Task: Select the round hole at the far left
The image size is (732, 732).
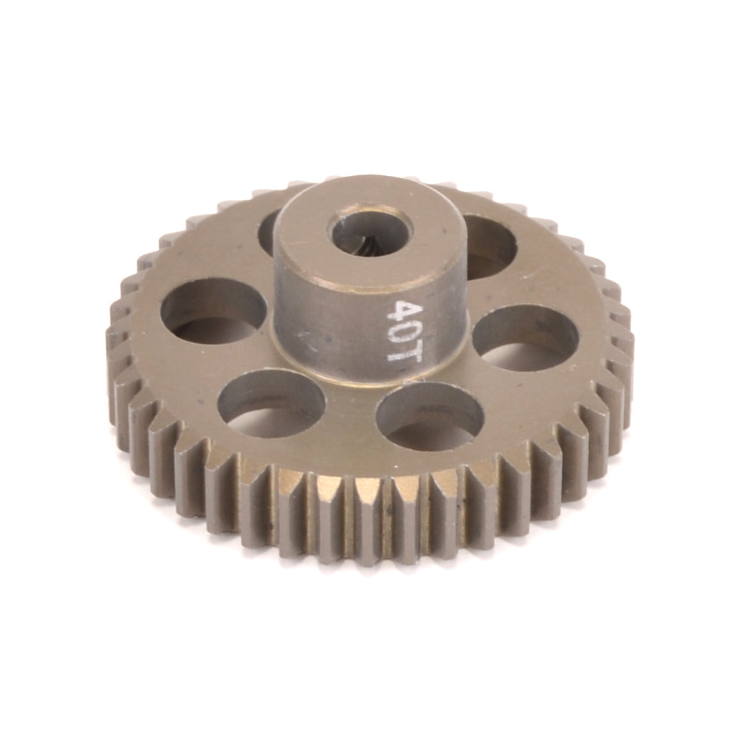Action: [213, 311]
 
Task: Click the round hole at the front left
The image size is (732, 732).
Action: [271, 405]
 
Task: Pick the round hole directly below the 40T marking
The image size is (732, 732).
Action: [430, 417]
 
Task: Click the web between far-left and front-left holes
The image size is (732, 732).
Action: [207, 368]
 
